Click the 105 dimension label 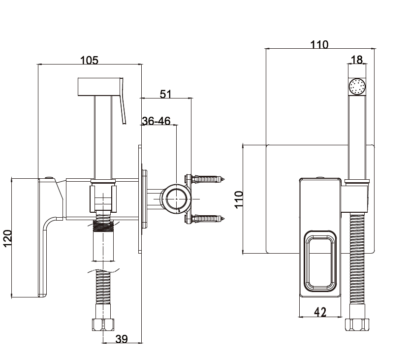(x=90, y=60)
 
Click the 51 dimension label (x=165, y=94)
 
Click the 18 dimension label (x=356, y=60)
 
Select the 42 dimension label (x=320, y=312)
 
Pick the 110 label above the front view (x=319, y=45)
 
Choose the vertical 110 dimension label (x=239, y=199)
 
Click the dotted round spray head (x=357, y=87)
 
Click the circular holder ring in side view (x=176, y=198)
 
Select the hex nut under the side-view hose (x=102, y=325)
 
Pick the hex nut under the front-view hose (x=357, y=326)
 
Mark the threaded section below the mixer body (x=103, y=226)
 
